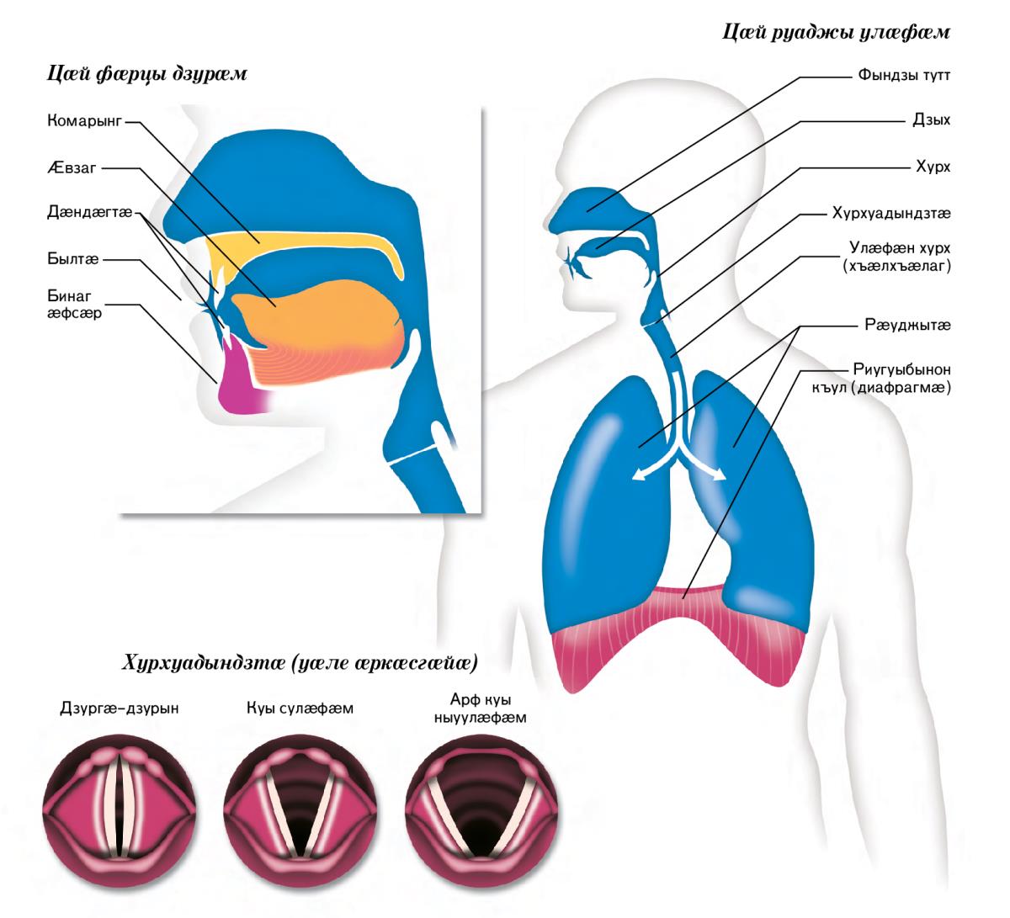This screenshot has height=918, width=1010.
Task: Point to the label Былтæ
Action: (73, 260)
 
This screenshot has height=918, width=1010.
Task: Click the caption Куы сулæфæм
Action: (293, 708)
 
